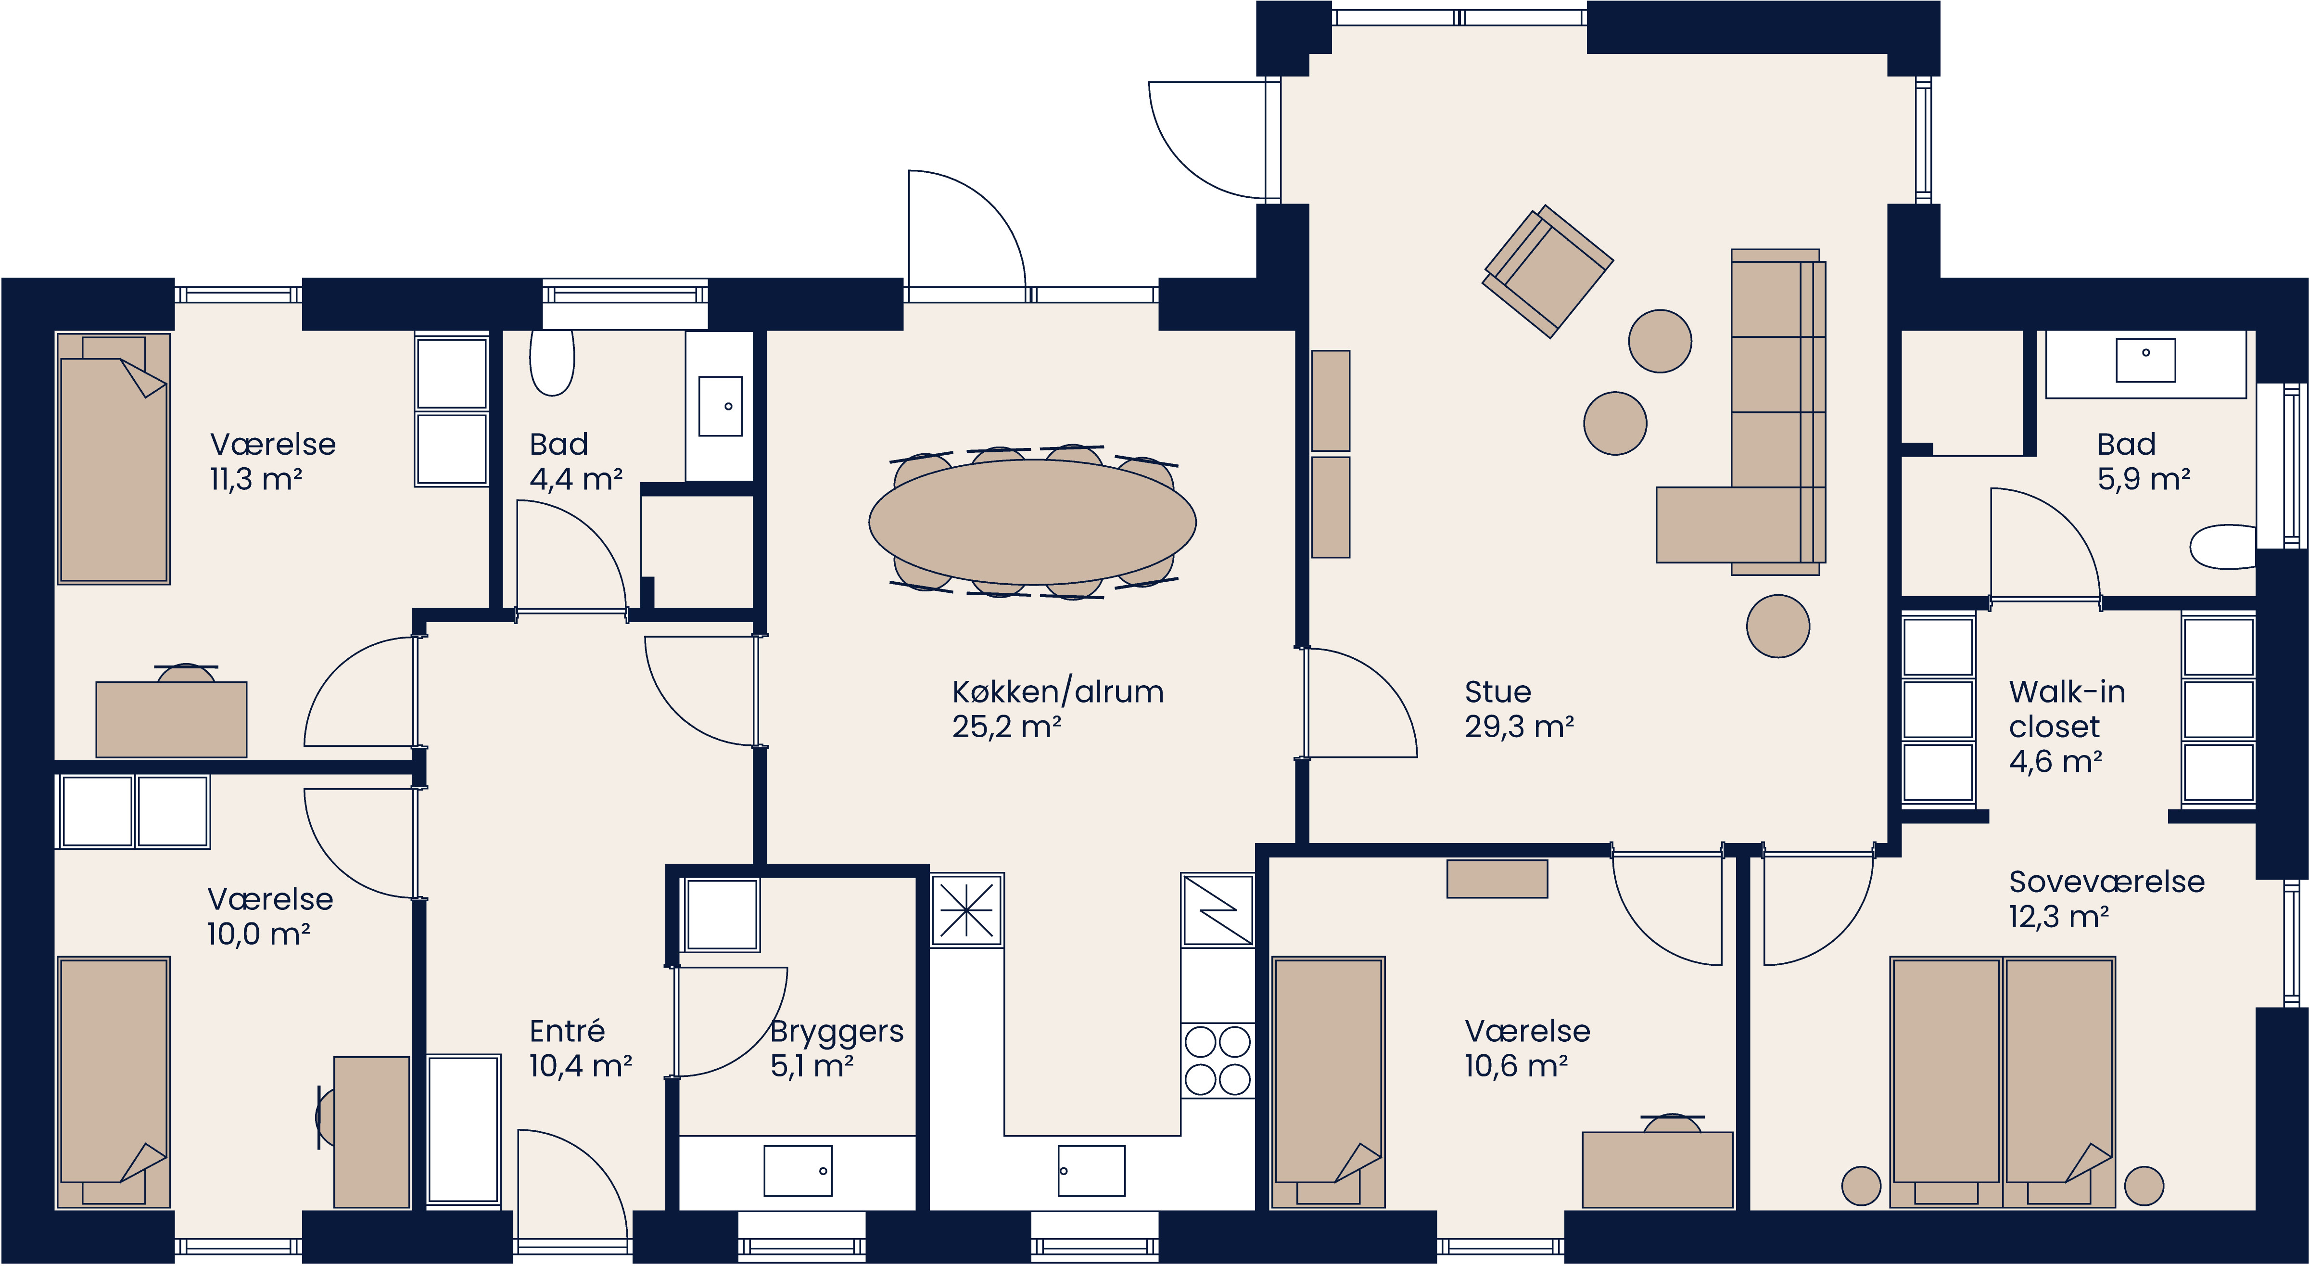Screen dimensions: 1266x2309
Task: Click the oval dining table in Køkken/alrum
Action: click(1032, 522)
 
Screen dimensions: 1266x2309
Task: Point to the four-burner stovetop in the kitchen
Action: click(1217, 1061)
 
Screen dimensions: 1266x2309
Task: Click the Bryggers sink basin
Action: click(798, 1170)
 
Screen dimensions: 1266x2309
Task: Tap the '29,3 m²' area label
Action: click(1519, 726)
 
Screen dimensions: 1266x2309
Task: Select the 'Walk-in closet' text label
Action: click(2066, 708)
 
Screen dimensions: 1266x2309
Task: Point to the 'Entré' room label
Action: click(567, 1031)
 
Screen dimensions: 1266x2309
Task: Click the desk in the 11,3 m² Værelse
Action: click(171, 719)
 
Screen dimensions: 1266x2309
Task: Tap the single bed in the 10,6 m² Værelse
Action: click(1328, 1080)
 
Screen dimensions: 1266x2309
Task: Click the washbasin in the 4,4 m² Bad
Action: click(720, 406)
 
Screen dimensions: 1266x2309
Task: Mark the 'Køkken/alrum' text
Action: click(1058, 691)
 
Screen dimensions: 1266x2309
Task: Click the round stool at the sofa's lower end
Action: click(1777, 626)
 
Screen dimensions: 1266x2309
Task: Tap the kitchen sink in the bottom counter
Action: click(1091, 1170)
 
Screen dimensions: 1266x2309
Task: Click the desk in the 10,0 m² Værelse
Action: click(371, 1132)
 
